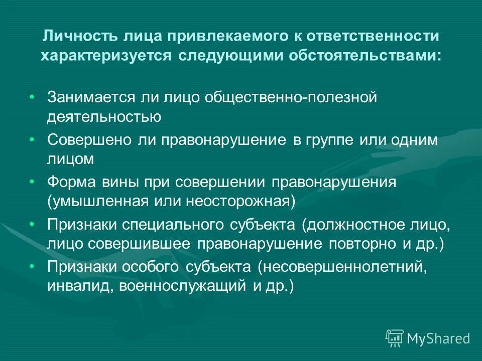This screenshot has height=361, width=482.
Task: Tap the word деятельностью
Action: pyautogui.click(x=104, y=117)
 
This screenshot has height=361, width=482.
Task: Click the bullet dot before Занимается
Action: pyautogui.click(x=32, y=96)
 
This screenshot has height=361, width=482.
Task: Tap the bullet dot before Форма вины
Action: pyautogui.click(x=32, y=180)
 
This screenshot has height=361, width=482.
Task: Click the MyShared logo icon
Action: pyautogui.click(x=394, y=338)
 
